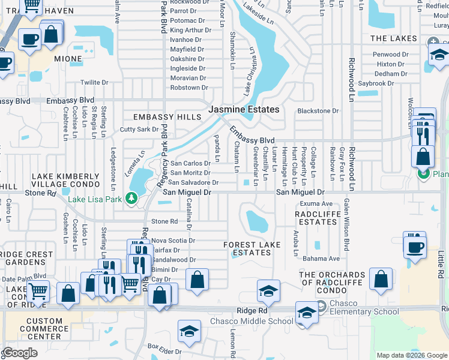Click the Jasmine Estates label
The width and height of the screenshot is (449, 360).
(x=244, y=110)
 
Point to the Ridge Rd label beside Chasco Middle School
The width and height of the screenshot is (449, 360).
(x=252, y=311)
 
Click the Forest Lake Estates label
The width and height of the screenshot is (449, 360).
(x=252, y=249)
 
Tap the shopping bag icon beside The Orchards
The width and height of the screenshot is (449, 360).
(x=381, y=278)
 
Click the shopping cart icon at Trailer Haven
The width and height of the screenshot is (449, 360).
(x=32, y=6)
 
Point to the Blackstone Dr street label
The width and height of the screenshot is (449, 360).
(x=318, y=111)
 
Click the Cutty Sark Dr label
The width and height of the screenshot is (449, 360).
(x=139, y=129)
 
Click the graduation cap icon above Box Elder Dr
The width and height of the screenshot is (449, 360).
(x=189, y=330)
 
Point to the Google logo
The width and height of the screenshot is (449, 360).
(x=20, y=353)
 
